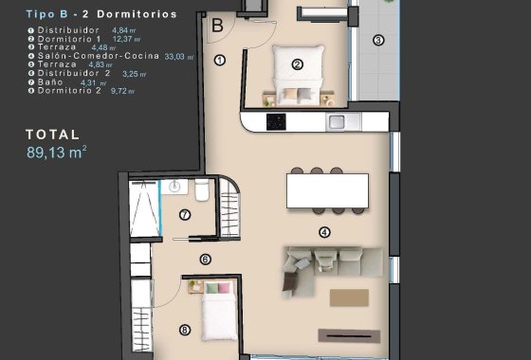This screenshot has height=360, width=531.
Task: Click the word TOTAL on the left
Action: coord(54,135)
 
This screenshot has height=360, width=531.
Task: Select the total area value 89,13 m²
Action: coord(57,151)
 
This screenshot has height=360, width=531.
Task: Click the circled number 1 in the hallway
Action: coord(219,60)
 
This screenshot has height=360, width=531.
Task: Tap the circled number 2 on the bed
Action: coord(297,64)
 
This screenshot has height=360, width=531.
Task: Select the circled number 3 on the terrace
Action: coord(378,40)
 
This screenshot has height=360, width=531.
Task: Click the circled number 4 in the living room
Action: coord(324,232)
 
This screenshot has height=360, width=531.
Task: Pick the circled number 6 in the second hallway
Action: coord(205,259)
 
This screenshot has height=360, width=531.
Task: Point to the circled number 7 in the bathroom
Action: coord(185,214)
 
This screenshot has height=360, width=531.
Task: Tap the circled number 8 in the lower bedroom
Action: coord(184,331)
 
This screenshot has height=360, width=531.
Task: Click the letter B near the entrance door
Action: coord(217,27)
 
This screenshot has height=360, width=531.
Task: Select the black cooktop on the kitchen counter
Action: coord(277,121)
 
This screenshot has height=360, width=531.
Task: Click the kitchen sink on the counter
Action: coord(337,121)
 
